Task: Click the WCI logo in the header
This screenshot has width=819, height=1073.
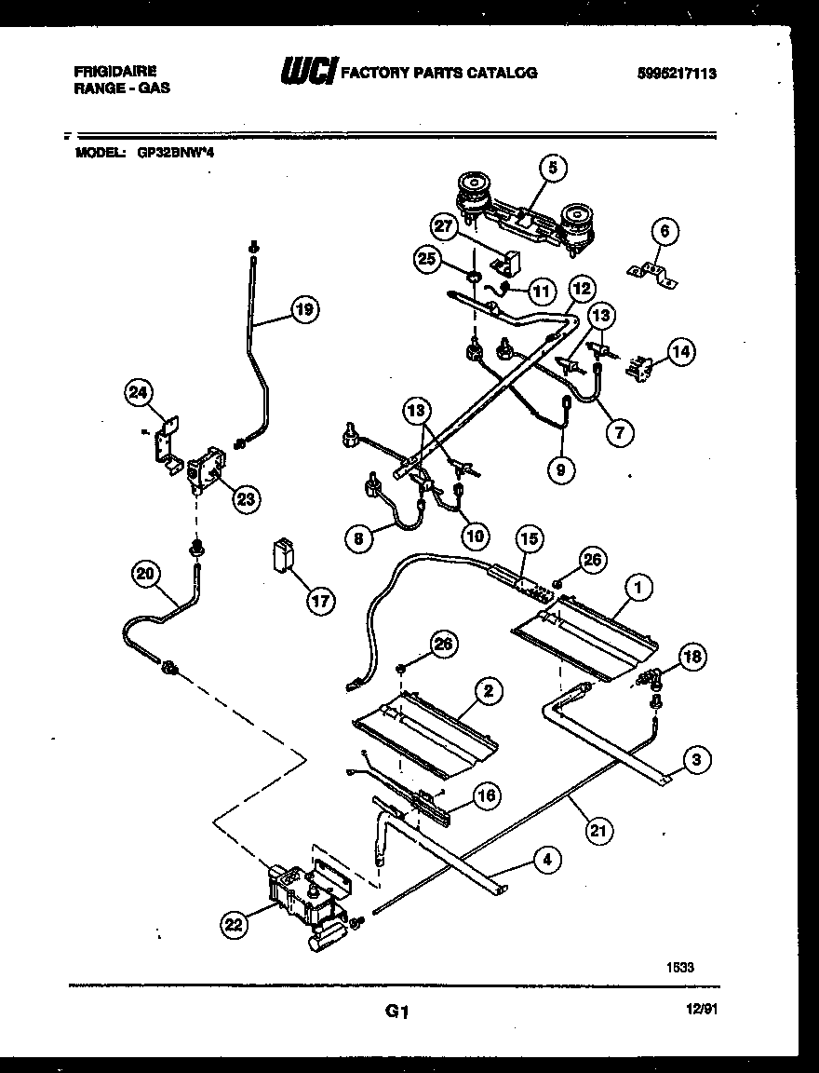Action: (x=307, y=73)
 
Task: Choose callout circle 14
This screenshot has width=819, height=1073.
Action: (x=682, y=352)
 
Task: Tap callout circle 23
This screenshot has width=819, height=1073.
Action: (x=245, y=499)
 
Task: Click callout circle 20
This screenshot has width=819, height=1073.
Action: (x=144, y=575)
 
